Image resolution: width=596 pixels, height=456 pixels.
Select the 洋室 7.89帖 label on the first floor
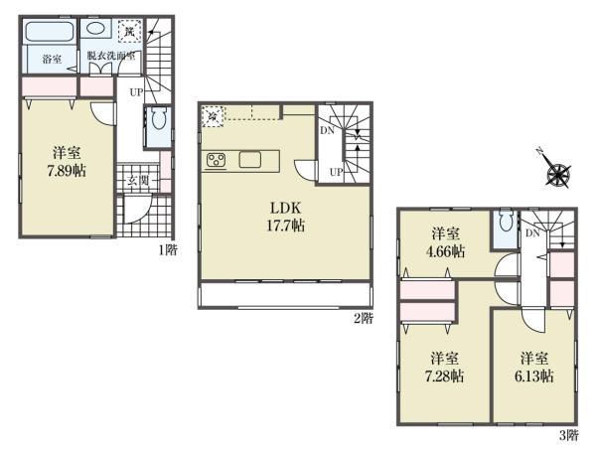(x=67, y=162)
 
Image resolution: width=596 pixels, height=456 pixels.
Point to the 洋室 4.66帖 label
(x=446, y=243)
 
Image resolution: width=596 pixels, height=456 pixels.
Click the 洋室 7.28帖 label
(x=446, y=367)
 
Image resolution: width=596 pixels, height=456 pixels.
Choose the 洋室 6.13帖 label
(x=534, y=367)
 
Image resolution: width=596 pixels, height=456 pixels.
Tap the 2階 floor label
(x=364, y=318)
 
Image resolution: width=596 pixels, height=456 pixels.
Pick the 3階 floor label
(x=566, y=434)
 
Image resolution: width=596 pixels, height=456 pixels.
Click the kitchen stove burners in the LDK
(x=217, y=160)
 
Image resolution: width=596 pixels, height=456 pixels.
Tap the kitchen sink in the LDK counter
(x=248, y=160)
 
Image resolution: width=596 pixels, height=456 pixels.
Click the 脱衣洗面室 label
(x=111, y=57)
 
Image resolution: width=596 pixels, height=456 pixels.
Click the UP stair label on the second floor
(x=337, y=172)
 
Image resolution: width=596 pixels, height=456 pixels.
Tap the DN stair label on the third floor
(x=532, y=233)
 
